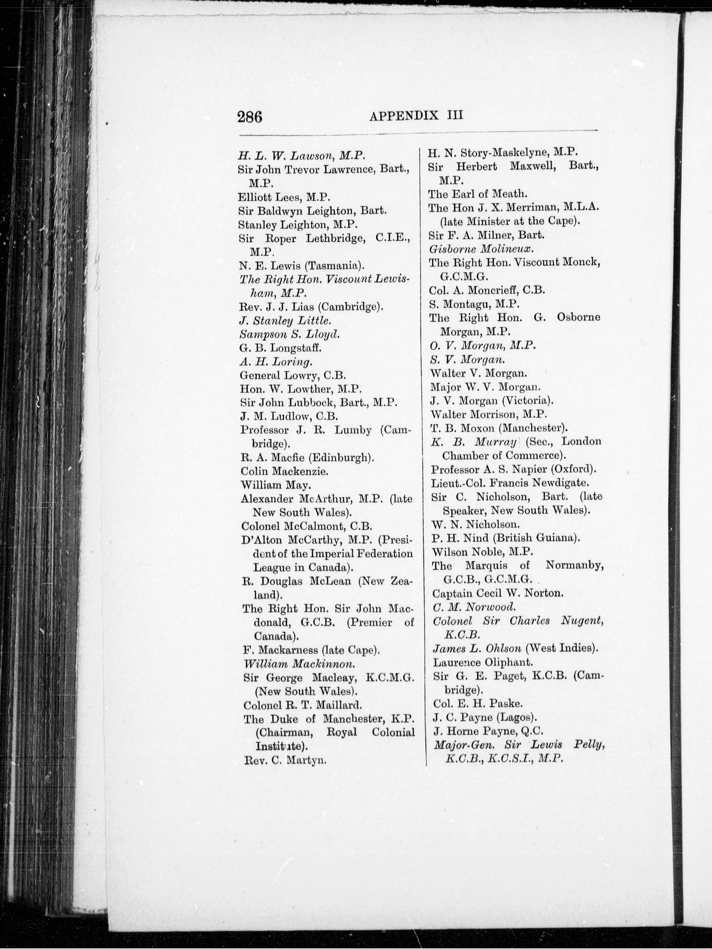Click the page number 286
coord(250,117)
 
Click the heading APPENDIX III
coord(416,116)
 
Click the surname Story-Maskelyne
coord(505,152)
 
